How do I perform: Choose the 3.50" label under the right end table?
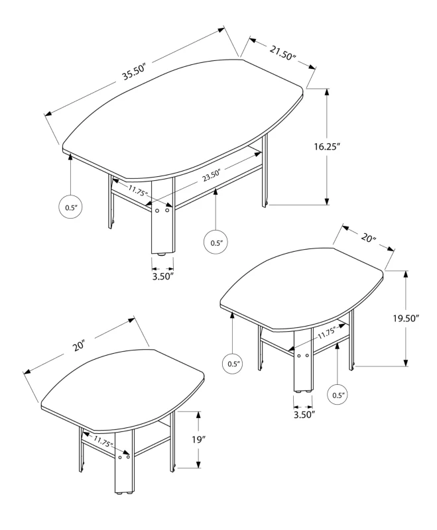tap(303, 414)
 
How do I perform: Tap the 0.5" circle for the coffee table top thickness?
tap(71, 207)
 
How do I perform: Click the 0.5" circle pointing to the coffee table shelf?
tap(216, 242)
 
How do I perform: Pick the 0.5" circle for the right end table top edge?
tap(233, 363)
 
